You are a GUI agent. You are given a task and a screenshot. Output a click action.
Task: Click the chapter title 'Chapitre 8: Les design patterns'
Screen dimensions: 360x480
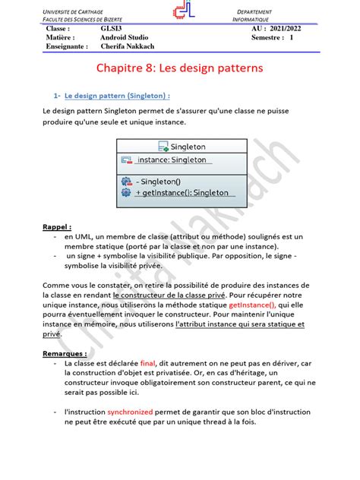point(179,68)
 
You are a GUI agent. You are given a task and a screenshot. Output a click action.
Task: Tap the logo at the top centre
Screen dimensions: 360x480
point(181,13)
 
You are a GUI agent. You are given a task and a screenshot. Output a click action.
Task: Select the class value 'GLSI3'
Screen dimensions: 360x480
point(113,28)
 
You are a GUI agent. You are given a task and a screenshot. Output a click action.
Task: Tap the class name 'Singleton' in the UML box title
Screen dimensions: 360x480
point(185,147)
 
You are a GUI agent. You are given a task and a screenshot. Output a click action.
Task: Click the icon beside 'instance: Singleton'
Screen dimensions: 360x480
point(127,159)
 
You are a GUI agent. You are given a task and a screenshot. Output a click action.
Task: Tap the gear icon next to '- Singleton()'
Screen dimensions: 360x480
point(126,182)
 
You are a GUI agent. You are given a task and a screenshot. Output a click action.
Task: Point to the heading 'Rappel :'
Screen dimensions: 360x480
point(57,226)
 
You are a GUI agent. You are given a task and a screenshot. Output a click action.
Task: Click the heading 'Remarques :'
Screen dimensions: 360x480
point(65,353)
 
